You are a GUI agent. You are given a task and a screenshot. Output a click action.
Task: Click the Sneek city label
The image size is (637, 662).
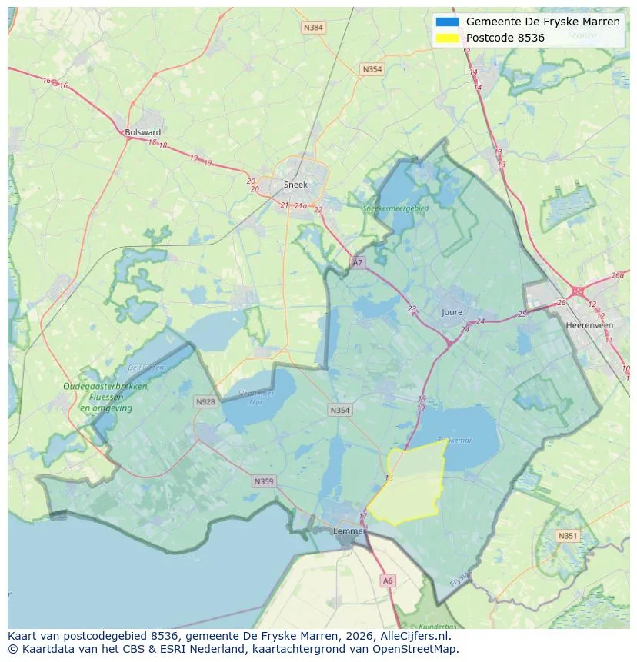295,185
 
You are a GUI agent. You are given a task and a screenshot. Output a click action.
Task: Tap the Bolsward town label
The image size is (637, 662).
142,132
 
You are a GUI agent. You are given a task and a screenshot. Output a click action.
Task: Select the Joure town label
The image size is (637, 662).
452,313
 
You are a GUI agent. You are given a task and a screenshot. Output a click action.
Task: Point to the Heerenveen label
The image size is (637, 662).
589,325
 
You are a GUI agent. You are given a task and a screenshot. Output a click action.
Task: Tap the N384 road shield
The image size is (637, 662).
313,28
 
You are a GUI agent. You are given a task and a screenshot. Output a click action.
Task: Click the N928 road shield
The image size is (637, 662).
205,402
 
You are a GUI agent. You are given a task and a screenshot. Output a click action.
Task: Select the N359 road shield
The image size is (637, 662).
263,482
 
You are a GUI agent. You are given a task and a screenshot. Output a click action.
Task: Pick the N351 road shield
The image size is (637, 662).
568,536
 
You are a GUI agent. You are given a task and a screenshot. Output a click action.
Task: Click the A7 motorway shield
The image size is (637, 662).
357,263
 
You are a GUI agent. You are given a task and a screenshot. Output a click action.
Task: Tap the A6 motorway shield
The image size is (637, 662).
388,581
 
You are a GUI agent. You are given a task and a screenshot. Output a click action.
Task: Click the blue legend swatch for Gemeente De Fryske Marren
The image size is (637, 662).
446,22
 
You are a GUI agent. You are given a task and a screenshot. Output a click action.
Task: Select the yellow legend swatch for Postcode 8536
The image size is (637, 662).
446,38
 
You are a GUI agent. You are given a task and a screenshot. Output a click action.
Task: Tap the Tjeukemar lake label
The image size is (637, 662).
454,441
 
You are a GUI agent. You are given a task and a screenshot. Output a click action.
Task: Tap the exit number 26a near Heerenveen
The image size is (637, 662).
618,276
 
